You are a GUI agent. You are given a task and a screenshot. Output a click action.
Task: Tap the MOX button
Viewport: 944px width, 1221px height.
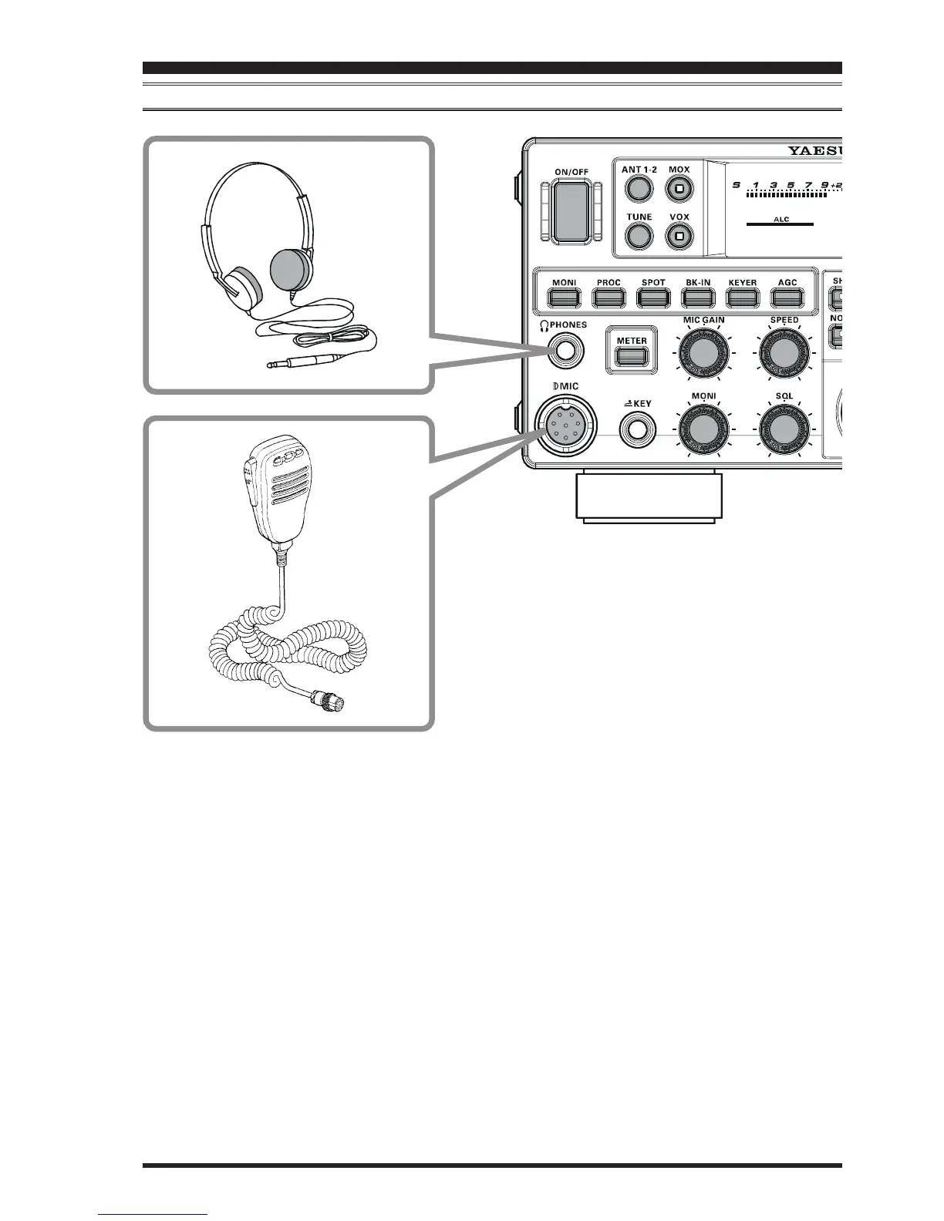point(679,188)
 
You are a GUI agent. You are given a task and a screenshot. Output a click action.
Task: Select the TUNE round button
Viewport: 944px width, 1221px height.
point(638,236)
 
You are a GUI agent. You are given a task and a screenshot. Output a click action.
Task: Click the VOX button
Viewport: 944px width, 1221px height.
point(679,236)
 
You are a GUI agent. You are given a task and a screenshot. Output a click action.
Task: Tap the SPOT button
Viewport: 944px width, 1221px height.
point(653,297)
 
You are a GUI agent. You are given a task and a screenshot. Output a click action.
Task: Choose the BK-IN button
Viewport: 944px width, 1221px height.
point(698,297)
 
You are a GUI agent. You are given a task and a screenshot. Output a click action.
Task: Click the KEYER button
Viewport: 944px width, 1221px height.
point(743,297)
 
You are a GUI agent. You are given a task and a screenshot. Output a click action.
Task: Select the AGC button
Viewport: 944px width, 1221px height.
point(787,297)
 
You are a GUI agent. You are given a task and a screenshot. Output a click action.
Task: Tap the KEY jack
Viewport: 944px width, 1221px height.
point(638,429)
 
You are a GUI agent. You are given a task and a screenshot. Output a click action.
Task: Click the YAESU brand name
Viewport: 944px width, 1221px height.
point(813,150)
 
